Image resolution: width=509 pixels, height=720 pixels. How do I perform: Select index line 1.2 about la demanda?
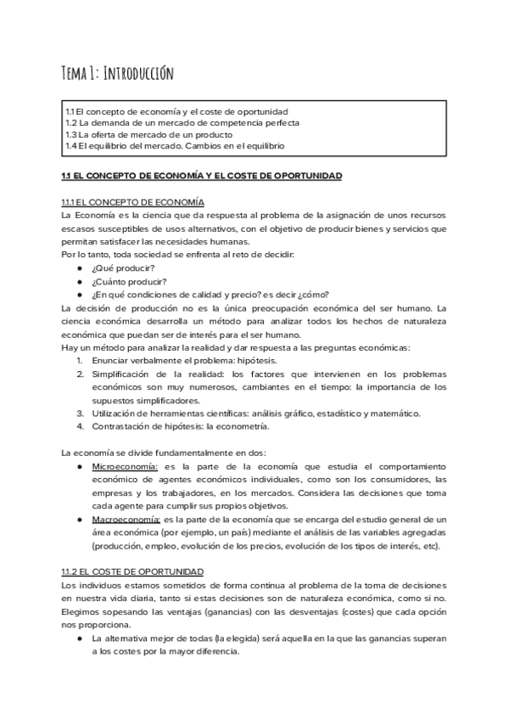[182, 123]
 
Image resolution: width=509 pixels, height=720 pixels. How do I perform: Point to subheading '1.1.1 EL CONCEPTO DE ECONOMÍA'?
[132, 202]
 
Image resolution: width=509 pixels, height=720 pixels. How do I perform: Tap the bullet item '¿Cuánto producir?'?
[129, 282]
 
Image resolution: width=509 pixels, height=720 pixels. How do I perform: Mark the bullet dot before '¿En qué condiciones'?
[79, 295]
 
